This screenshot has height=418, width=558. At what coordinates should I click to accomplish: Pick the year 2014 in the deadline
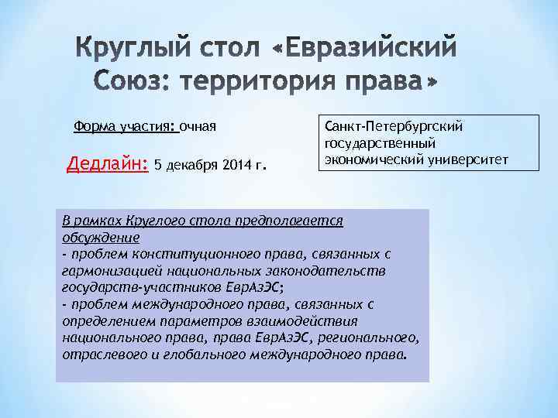[x=234, y=165]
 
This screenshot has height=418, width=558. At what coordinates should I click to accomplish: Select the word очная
[x=198, y=125]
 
